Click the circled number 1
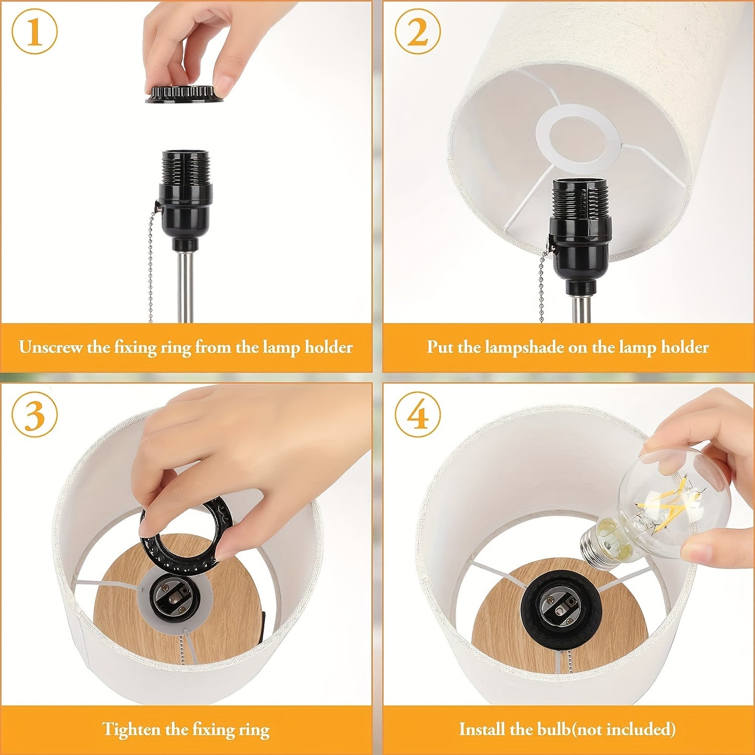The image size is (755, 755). pos(34,32)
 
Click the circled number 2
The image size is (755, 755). pos(417,32)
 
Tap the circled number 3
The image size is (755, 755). pos(34,415)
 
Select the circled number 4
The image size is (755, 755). pos(417,415)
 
